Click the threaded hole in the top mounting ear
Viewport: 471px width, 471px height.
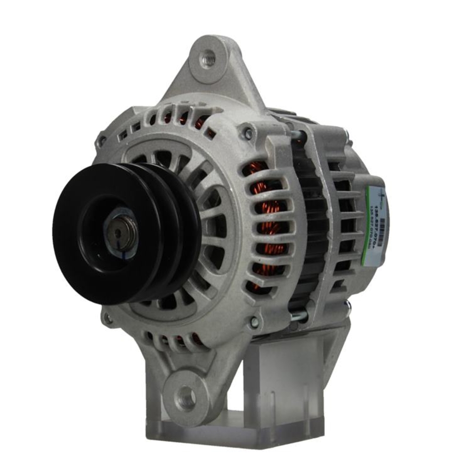pyautogui.click(x=208, y=60)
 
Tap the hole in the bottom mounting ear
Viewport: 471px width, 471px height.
pyautogui.click(x=187, y=398)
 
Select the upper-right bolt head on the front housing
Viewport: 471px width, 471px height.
pyautogui.click(x=246, y=132)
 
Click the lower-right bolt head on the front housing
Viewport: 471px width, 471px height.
pyautogui.click(x=254, y=323)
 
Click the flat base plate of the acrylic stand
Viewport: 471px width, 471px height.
pyautogui.click(x=235, y=433)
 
